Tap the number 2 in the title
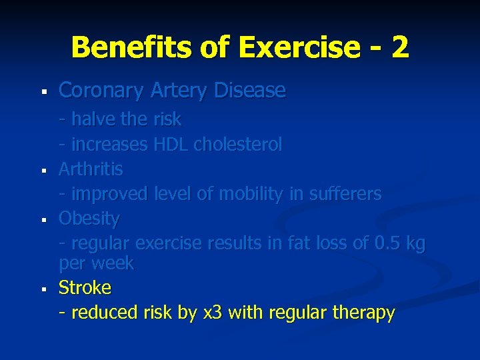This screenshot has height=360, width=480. tap(400, 47)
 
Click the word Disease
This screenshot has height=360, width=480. tap(249, 91)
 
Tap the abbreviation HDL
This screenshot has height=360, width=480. tap(172, 144)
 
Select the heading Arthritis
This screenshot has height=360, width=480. tap(91, 169)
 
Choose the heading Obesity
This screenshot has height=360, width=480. tap(89, 219)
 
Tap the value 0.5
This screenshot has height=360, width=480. tap(389, 243)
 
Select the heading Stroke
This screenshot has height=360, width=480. tap(85, 288)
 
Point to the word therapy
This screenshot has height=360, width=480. tap(366, 313)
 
